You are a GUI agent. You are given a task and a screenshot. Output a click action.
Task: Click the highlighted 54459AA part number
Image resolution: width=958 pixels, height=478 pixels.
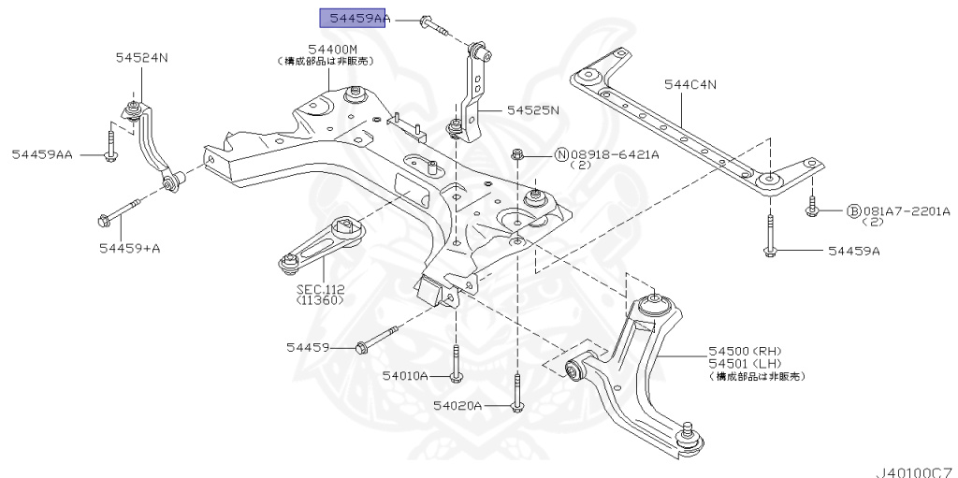click(353, 19)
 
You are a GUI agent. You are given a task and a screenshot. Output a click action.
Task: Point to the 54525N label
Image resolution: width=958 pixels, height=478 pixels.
click(532, 109)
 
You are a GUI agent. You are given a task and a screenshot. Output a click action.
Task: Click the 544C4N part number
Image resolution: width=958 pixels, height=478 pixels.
click(690, 86)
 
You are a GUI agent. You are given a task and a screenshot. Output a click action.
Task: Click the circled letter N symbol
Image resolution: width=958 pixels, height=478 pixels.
click(562, 153)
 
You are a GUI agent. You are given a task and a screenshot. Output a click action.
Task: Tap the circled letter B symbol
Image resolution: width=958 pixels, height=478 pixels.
click(853, 211)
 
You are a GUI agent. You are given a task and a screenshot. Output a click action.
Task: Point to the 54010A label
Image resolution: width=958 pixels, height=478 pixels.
click(404, 376)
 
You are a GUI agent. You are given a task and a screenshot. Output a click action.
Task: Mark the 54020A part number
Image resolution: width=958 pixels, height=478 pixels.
click(457, 406)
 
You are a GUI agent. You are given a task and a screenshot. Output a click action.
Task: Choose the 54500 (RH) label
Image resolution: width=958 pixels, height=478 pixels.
click(736, 351)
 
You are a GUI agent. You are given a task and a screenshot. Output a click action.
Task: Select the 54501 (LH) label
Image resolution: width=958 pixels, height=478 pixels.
click(736, 363)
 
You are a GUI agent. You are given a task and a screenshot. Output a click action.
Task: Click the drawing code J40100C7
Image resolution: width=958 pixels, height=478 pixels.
click(914, 470)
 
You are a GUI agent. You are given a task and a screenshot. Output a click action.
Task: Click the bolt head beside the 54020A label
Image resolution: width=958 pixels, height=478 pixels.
click(515, 405)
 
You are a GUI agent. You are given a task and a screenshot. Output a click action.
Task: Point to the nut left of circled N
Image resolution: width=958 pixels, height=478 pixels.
click(516, 153)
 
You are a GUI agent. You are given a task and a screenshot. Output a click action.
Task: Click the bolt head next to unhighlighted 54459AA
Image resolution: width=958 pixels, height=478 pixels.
click(110, 154)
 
